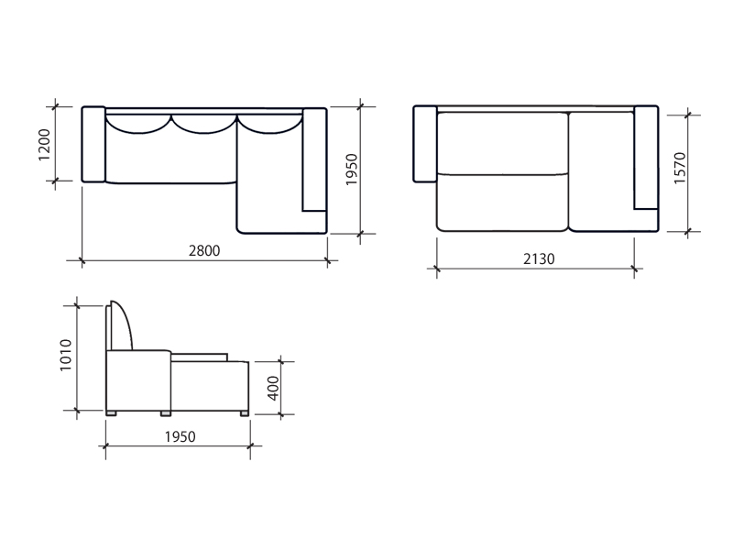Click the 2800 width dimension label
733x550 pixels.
[204, 250]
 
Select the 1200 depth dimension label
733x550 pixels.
[43, 145]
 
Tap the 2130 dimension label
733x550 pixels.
[539, 259]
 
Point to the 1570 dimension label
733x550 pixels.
[680, 169]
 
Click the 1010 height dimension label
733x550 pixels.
[65, 356]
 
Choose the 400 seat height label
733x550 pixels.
[273, 388]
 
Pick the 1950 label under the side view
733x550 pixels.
[180, 437]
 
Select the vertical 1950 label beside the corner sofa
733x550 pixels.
[351, 170]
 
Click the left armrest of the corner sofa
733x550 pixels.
[93, 144]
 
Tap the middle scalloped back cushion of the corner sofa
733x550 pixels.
[203, 124]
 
